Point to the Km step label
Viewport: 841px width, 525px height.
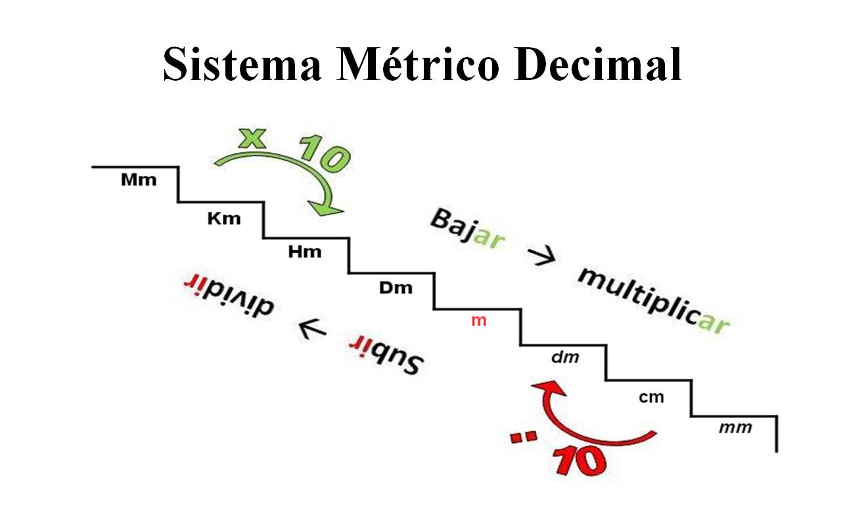[224, 219]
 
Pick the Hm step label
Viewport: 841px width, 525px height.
[306, 251]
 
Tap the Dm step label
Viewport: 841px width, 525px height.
[396, 287]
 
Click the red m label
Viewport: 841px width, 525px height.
[479, 322]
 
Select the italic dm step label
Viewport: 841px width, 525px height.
[564, 358]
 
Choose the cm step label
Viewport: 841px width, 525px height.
[651, 397]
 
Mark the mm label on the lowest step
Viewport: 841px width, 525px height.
[735, 428]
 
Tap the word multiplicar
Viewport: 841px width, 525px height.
[653, 301]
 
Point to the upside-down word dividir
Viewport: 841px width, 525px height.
[230, 295]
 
